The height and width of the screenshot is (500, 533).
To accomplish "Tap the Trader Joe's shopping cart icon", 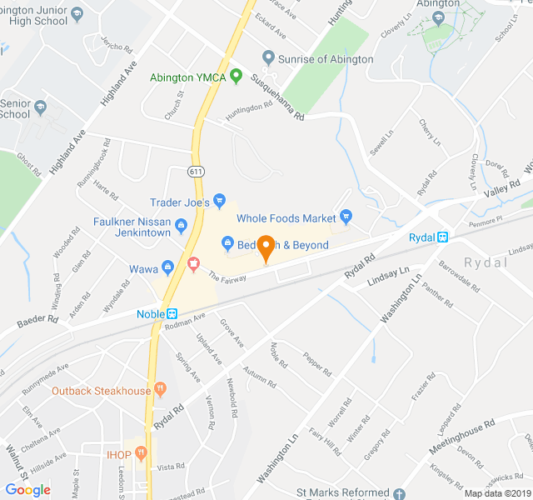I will [220, 201].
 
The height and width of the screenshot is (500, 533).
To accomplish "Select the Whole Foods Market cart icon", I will [346, 217].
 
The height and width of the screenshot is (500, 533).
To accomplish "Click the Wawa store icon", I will [167, 267].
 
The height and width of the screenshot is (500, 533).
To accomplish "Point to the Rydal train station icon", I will [442, 237].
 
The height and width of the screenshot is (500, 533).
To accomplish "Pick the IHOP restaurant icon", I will [142, 453].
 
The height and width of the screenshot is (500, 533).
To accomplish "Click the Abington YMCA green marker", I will [236, 77].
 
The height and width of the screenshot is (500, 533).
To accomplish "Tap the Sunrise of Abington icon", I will [268, 57].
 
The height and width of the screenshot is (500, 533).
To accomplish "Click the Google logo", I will [28, 490].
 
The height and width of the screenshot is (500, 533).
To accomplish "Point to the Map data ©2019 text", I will [497, 493].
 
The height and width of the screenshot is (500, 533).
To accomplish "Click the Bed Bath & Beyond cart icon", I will [227, 244].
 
